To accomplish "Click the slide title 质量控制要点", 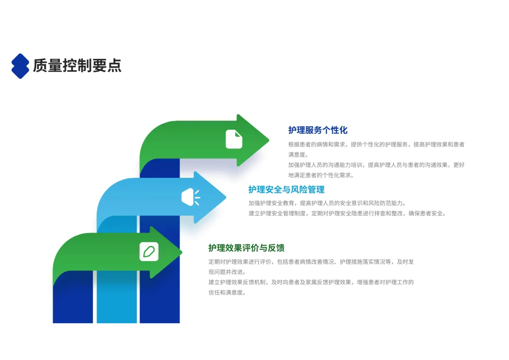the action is (x=77, y=66).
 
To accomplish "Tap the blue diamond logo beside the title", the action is (x=20, y=66).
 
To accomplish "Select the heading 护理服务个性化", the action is (x=318, y=130).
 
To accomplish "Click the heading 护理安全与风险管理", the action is (x=287, y=189).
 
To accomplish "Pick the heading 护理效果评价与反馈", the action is (x=246, y=248).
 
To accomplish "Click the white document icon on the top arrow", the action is (x=234, y=139).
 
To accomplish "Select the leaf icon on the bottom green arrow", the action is (x=149, y=252).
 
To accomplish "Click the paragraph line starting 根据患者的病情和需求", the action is (x=376, y=144).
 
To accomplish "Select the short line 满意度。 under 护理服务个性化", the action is (x=298, y=155).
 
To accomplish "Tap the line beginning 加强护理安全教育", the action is (x=327, y=203).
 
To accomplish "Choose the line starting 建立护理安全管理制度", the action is (x=347, y=213).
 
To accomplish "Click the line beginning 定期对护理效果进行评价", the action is (x=311, y=262).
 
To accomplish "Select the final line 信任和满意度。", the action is (x=227, y=292).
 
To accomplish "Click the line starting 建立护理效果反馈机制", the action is (x=311, y=282).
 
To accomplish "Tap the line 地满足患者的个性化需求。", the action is (x=321, y=175).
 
